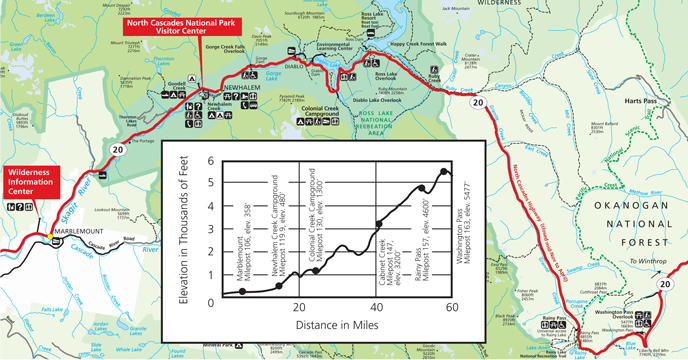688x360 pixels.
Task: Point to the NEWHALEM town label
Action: (x=239, y=87)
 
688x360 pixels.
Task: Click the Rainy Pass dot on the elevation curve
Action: (x=421, y=188)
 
